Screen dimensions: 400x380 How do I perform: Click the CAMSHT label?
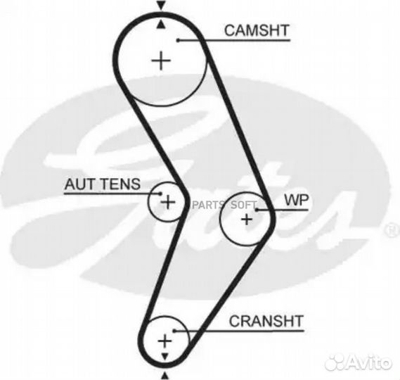coord(257,30)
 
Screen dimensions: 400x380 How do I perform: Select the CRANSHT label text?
coord(266,321)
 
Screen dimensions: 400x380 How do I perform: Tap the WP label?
coord(297,200)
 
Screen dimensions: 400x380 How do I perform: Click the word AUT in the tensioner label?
coord(79,184)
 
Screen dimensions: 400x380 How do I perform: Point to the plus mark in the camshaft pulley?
coord(161,61)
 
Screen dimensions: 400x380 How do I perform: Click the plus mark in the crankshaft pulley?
coord(164,341)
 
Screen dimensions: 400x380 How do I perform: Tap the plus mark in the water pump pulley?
coord(247,220)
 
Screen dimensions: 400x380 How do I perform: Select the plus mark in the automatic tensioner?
coord(168,203)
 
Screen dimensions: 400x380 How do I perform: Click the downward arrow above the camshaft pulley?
coord(161,6)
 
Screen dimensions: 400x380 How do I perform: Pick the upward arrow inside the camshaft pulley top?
coord(160,25)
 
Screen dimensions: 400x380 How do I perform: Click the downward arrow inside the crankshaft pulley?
coord(164,357)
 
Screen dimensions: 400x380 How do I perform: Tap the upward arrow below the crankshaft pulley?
coord(165,376)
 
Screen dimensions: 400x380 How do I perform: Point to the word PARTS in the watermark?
coord(207,205)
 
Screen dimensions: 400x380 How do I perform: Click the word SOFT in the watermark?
coord(243,205)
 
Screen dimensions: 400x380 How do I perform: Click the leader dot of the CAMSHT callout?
coord(179,40)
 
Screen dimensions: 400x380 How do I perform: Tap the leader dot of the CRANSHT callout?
coord(174,331)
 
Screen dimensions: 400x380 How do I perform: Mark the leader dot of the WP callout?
coord(257,210)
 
